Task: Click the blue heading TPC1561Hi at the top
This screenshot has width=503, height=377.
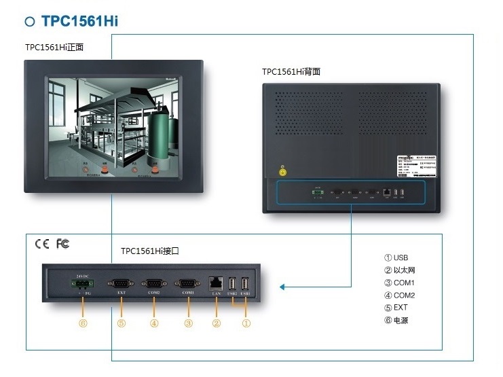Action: pyautogui.click(x=80, y=21)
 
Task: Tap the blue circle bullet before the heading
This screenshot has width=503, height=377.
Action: pyautogui.click(x=30, y=22)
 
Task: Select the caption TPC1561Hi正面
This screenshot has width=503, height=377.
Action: pyautogui.click(x=58, y=48)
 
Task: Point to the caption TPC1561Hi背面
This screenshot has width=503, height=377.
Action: pyautogui.click(x=291, y=71)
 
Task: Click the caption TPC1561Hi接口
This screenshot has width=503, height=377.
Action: pyautogui.click(x=150, y=251)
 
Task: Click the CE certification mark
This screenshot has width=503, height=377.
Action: pyautogui.click(x=42, y=244)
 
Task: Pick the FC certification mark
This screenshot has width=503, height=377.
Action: pyautogui.click(x=62, y=244)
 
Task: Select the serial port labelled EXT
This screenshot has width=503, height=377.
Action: pyautogui.click(x=122, y=283)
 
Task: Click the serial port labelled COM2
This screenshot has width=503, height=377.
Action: pyautogui.click(x=153, y=283)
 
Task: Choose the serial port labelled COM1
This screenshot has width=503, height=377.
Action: pyautogui.click(x=187, y=283)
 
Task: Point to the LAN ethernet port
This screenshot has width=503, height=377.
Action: pyautogui.click(x=217, y=281)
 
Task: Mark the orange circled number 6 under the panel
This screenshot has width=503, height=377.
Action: pyautogui.click(x=83, y=323)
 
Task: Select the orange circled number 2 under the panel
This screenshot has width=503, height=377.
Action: pyautogui.click(x=217, y=323)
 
